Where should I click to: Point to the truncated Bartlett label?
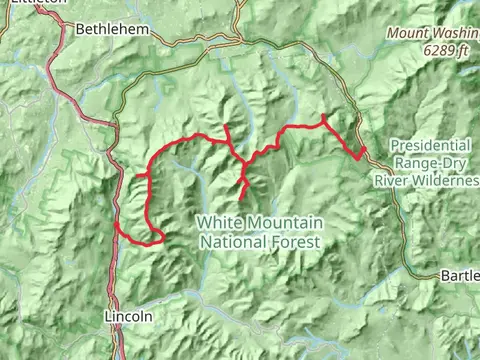pyautogui.click(x=459, y=274)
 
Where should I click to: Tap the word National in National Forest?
pyautogui.click(x=233, y=241)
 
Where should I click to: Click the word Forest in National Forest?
pyautogui.click(x=295, y=241)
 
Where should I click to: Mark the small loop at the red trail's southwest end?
pyautogui.click(x=155, y=236)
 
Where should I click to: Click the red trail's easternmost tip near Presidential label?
pyautogui.click(x=366, y=151)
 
